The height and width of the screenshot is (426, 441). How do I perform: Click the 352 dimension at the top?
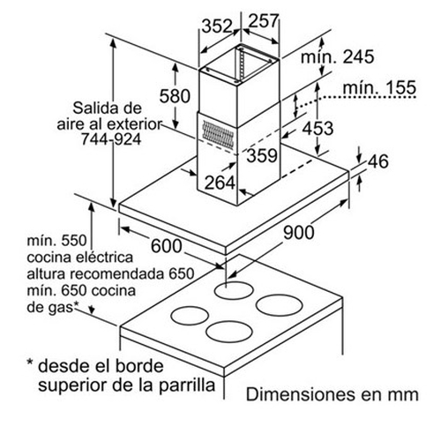click(x=217, y=26)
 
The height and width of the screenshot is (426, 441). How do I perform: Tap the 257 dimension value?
click(x=263, y=20)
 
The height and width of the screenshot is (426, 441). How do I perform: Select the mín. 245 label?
click(x=337, y=56)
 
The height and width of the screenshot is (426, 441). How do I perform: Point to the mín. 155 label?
click(x=379, y=87)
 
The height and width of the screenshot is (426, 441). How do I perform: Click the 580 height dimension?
click(x=175, y=96)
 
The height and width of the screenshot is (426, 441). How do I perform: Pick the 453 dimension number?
click(x=318, y=129)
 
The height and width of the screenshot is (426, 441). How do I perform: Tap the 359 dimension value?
click(x=262, y=155)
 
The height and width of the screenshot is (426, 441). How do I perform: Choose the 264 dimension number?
click(x=220, y=183)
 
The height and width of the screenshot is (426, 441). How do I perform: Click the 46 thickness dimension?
click(x=378, y=161)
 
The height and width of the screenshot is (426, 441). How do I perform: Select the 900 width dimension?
click(x=299, y=232)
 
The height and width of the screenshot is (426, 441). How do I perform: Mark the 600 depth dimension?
click(x=167, y=246)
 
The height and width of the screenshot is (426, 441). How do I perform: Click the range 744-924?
click(x=111, y=139)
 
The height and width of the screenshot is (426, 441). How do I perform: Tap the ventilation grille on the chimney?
click(x=218, y=135)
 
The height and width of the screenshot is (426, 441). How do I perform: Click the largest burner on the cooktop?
click(x=280, y=305)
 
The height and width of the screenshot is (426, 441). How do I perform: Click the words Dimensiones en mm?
click(x=333, y=394)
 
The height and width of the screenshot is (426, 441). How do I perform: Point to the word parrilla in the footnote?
click(x=187, y=385)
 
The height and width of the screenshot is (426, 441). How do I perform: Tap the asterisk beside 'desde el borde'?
click(x=30, y=362)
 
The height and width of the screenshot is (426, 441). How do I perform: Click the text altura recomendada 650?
click(x=110, y=274)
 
